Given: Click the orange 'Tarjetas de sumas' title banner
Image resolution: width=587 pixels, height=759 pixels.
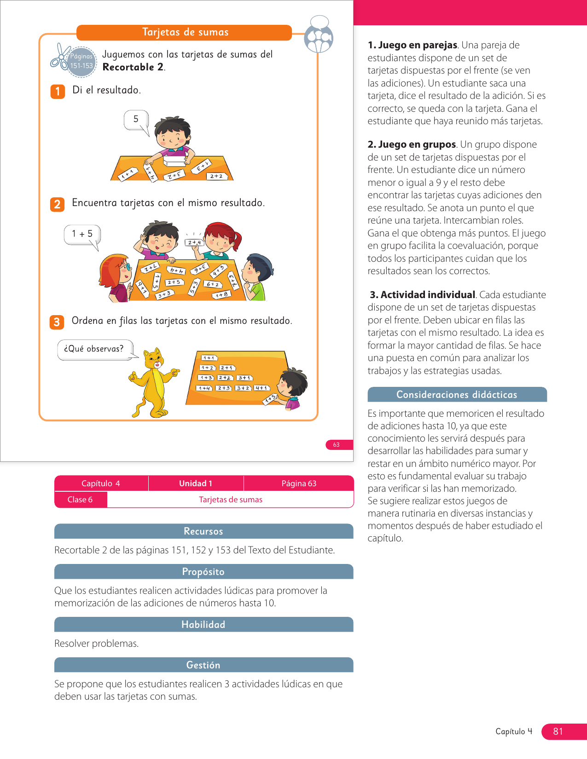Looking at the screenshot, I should point(184,32).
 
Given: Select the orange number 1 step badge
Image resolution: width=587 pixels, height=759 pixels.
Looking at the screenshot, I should point(58,91).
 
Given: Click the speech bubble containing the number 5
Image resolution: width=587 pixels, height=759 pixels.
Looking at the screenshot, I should point(136,120).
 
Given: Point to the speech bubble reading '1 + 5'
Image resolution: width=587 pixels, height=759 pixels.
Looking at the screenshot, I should point(82,235).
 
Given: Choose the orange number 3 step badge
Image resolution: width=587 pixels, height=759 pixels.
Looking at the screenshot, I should point(57,322).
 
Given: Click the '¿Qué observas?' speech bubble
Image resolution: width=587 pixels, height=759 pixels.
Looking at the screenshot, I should point(95,349).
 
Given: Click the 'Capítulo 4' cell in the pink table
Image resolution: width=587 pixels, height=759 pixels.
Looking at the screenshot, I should point(101,483).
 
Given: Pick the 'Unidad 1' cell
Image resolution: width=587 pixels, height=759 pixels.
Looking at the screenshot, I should point(196,483).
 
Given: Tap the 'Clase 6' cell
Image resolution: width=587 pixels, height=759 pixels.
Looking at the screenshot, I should point(80,500).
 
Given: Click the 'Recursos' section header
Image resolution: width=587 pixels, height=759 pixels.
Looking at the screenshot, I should point(203,531).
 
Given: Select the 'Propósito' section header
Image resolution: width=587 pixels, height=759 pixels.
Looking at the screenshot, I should point(203,572).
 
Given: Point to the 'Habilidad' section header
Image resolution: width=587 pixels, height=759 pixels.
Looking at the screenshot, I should point(203,625).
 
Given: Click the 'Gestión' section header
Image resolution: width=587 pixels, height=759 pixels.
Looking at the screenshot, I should point(203,665).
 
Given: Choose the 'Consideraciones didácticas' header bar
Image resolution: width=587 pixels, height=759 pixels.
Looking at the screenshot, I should point(457,395).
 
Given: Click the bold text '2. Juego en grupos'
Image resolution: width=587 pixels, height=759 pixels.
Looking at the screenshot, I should point(412,144).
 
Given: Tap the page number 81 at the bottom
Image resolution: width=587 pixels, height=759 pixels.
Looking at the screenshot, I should point(558,731).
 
